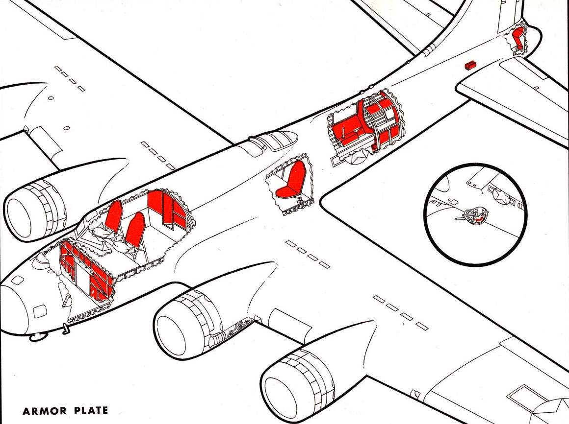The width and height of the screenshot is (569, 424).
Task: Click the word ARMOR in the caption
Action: [45, 411]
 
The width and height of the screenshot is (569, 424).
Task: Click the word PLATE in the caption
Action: [91, 411]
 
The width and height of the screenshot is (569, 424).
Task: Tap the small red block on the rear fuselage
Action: [470, 65]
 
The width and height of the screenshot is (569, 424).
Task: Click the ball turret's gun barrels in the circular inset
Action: [462, 218]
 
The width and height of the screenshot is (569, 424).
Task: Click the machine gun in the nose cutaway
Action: [67, 300]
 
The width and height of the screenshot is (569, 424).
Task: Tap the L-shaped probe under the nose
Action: [66, 329]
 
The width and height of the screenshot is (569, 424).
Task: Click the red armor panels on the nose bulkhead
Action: [88, 268]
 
